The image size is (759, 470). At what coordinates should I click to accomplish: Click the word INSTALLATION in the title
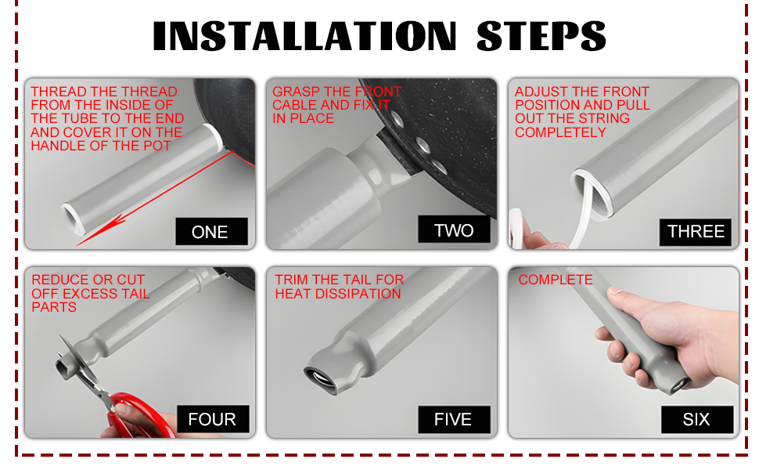(304, 36)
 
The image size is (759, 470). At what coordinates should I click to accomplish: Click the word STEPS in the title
(541, 36)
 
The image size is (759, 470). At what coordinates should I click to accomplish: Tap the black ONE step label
(211, 232)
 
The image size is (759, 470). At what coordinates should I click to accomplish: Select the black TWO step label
(454, 230)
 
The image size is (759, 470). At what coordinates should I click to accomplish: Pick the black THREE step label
(696, 232)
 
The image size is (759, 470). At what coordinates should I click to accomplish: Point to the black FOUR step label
(213, 418)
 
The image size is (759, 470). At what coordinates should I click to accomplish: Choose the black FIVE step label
(454, 419)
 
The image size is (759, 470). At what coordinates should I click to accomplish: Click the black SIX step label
(697, 419)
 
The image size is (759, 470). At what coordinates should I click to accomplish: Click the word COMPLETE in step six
(556, 280)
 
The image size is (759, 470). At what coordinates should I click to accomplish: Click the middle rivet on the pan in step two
(423, 144)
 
